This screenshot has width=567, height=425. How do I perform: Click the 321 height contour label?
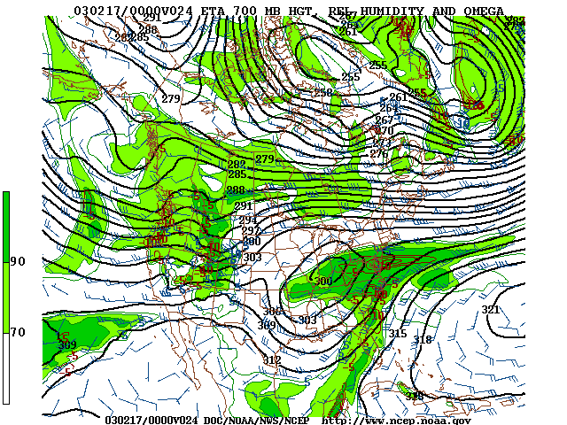click(490, 310)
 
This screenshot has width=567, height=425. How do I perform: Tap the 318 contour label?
click(423, 340)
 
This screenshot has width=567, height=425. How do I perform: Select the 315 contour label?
click(398, 334)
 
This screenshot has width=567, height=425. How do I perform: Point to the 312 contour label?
click(272, 360)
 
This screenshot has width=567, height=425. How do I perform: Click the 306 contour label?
click(271, 312)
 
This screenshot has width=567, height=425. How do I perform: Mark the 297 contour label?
click(251, 231)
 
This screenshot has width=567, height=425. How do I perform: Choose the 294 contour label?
click(247, 220)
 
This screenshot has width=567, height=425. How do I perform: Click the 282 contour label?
click(237, 165)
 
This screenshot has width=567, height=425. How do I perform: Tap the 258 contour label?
click(322, 93)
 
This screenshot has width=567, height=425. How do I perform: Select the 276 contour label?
click(378, 154)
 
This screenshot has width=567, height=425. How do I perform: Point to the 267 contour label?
click(384, 120)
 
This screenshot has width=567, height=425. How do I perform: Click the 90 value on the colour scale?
click(17, 261)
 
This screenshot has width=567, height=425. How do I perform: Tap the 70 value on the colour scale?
click(17, 332)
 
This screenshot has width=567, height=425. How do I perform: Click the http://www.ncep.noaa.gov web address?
click(396, 420)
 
